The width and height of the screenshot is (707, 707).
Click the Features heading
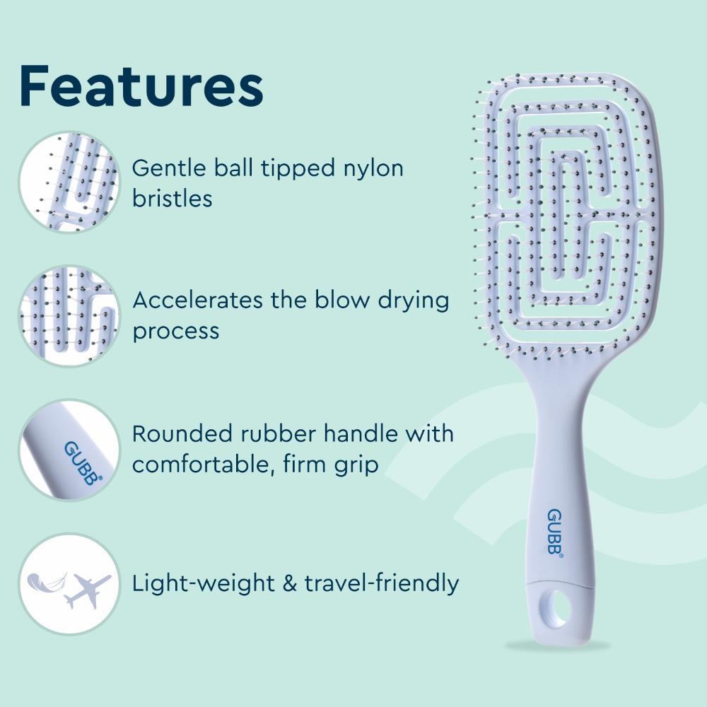tap(141, 86)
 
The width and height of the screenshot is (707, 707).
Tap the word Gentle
tap(170, 168)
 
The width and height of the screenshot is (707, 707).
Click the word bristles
tap(173, 198)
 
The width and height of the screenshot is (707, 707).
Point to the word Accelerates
tap(197, 300)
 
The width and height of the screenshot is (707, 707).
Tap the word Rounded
tap(183, 433)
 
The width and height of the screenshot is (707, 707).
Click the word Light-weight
tap(204, 583)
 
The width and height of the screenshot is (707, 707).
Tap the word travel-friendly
tap(382, 583)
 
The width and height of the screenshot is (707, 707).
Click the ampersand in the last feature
tap(289, 583)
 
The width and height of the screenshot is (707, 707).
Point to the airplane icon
tap(87, 590)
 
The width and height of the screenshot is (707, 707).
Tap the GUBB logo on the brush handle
tap(555, 532)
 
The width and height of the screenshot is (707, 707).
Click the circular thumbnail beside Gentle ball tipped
tap(69, 182)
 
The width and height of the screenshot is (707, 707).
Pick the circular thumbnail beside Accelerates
tap(69, 315)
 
